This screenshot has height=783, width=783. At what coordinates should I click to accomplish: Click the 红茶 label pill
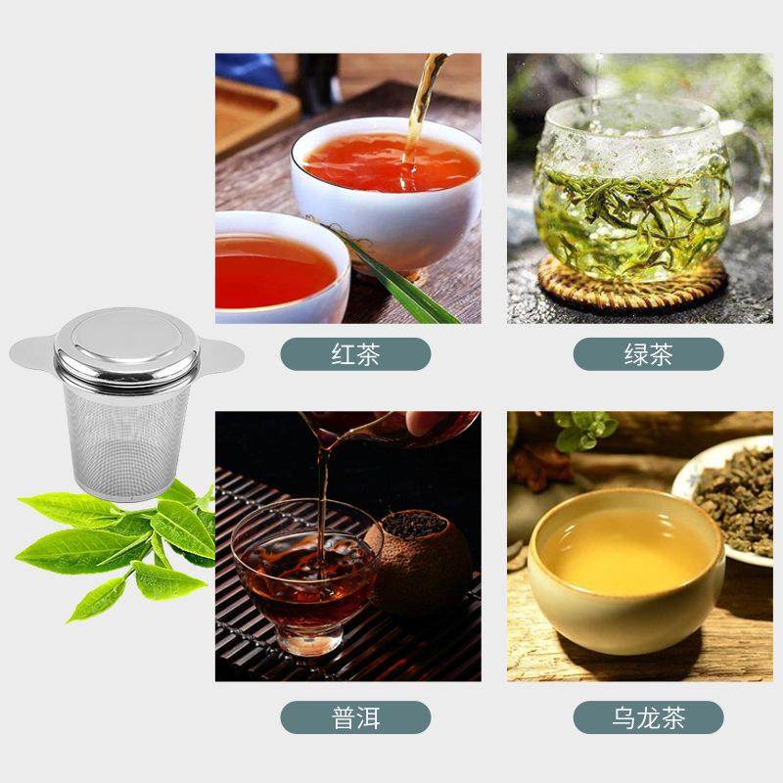pos(355,353)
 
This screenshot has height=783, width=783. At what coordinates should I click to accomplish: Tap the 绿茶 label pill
pos(648,353)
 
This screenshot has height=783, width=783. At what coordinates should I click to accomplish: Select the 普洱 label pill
pos(355,717)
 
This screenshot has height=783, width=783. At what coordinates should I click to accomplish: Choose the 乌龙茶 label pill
pos(648,717)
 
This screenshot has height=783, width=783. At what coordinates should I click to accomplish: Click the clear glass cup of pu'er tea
pos(303,577)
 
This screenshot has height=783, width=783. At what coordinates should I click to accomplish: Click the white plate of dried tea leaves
pos(729,499)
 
